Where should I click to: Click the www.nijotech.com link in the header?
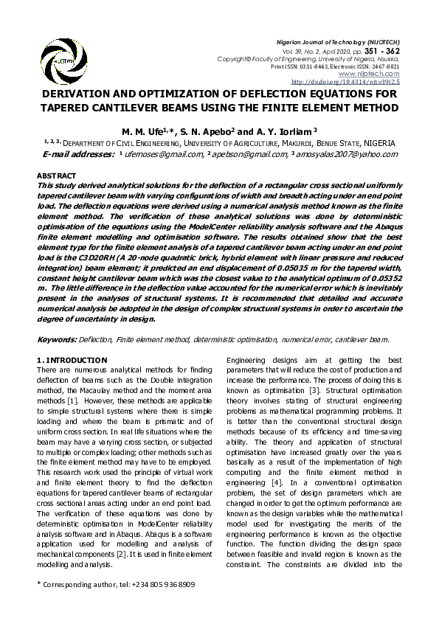(378, 74)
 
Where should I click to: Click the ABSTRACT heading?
(55, 176)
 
